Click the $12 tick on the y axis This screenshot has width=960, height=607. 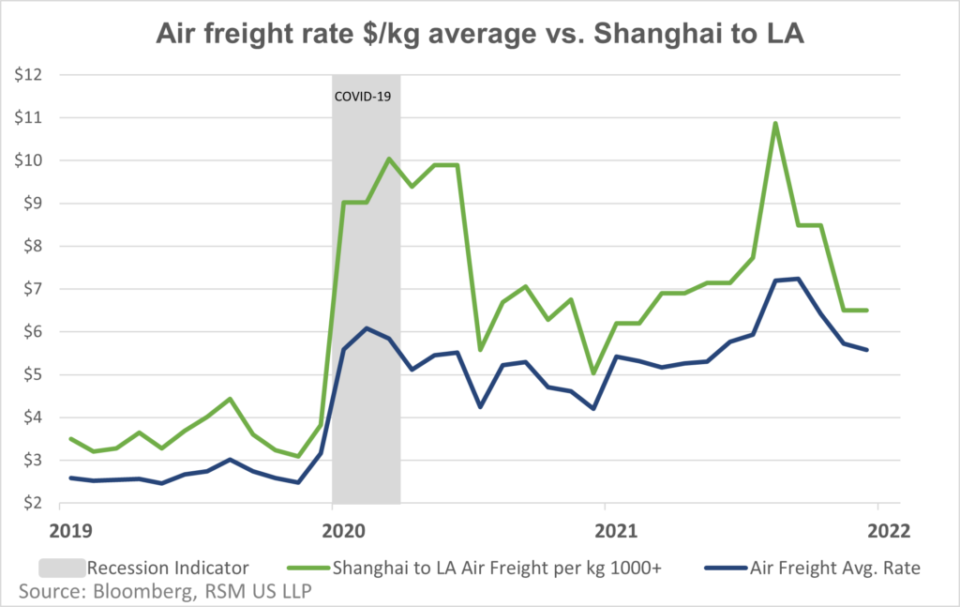[33, 75]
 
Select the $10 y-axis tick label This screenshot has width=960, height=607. [33, 160]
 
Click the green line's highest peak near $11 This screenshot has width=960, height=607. [775, 123]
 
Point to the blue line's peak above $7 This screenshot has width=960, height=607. [797, 279]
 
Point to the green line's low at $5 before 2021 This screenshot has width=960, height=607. [592, 372]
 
